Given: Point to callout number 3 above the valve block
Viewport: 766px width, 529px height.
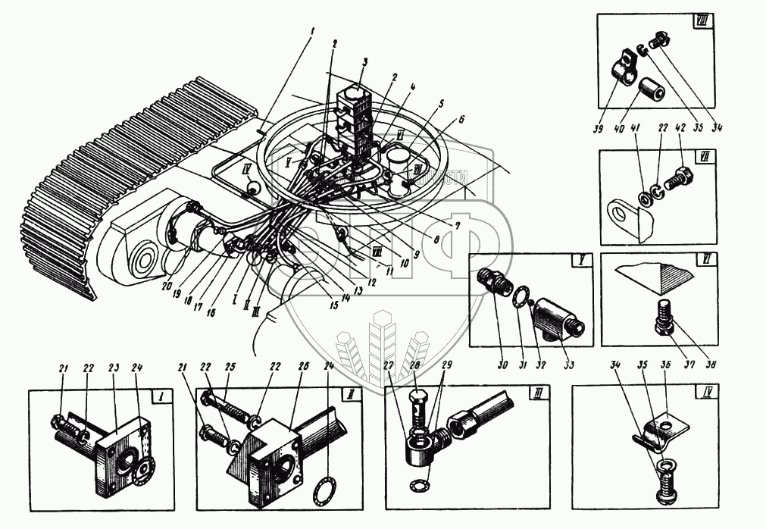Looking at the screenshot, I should [x=364, y=62].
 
